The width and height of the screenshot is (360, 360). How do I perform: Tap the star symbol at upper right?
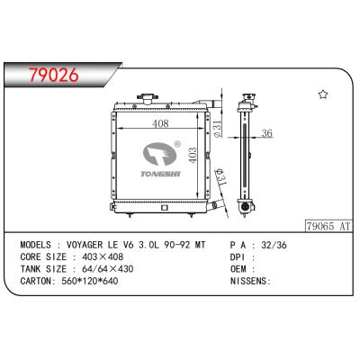(x=323, y=94)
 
